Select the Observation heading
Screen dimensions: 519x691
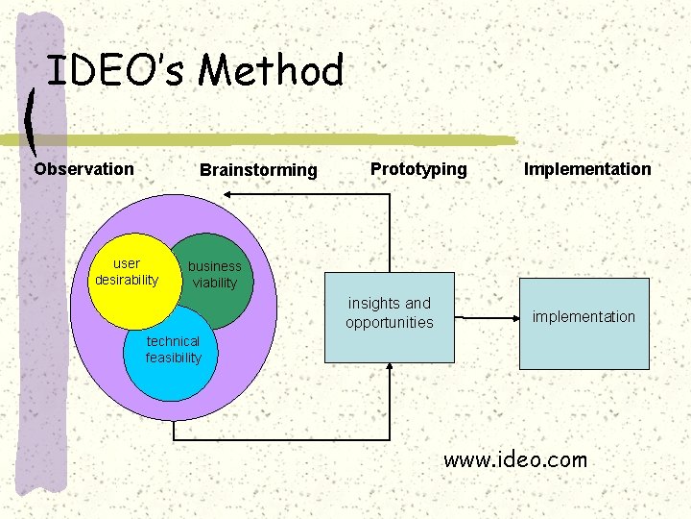[84, 169]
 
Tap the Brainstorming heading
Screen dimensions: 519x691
[258, 170]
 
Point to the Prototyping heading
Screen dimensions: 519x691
[418, 169]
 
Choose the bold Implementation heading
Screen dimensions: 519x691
[587, 169]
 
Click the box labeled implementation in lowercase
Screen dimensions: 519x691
[584, 323]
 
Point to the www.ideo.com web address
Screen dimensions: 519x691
[515, 460]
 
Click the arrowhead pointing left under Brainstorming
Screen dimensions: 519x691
[228, 194]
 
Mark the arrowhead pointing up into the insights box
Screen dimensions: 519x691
[390, 369]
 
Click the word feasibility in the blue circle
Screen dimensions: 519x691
[174, 358]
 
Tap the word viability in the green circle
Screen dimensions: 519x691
[215, 283]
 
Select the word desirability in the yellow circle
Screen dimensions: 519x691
[127, 280]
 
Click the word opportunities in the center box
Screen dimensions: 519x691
[390, 323]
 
